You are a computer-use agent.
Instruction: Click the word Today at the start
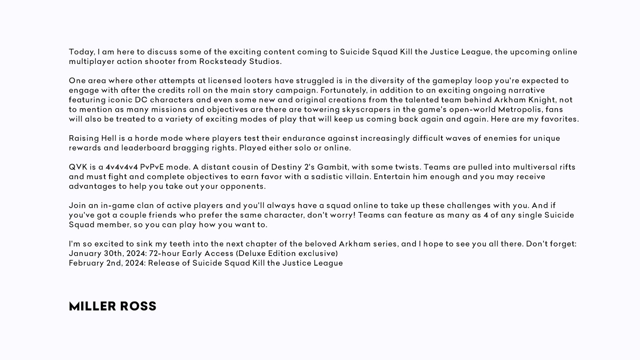coord(81,52)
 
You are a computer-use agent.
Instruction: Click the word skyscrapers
coord(365,110)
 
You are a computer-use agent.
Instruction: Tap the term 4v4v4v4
coord(122,167)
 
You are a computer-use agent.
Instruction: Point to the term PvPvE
coord(152,167)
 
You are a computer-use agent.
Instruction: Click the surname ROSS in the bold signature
coord(138,306)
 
